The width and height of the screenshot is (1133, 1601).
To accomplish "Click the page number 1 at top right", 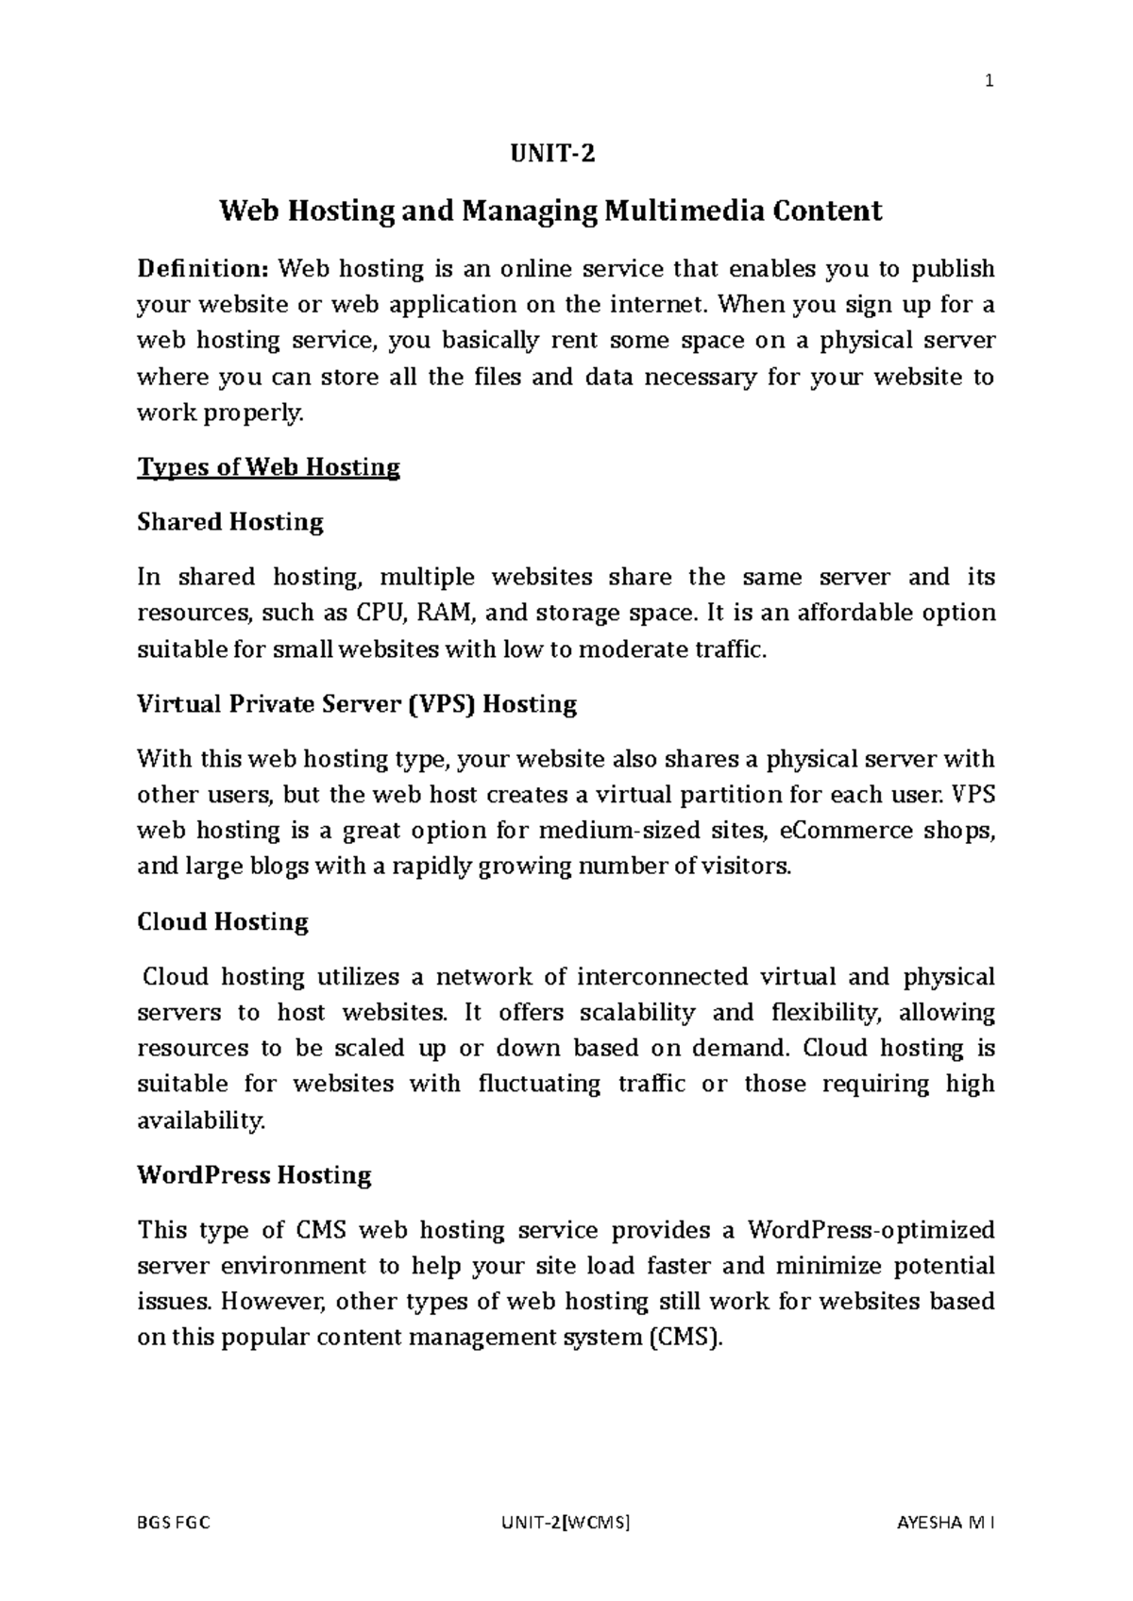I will point(989,81).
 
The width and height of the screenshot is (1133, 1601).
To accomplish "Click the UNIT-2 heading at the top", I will point(552,154).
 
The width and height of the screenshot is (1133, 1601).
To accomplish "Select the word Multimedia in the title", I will point(685,211).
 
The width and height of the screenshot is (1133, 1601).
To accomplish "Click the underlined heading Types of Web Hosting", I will point(269,467).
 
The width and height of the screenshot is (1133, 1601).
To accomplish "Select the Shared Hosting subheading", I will point(230,522).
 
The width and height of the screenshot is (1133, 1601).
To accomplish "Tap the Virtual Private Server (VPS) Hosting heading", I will point(357,704).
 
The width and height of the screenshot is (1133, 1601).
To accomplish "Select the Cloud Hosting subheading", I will point(223,922).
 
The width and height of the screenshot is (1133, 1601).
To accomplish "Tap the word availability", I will point(201,1121).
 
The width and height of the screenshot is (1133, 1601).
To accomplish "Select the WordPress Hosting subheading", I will point(255,1175).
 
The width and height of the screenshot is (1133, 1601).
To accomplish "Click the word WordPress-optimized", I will point(871,1230).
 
